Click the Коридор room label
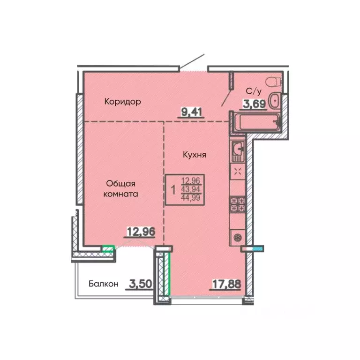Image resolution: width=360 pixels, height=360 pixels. [x=123, y=101]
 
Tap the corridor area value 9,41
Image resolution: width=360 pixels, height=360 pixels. [x=191, y=112]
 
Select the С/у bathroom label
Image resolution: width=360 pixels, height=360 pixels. [x=254, y=91]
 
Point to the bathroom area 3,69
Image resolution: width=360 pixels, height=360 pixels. [x=255, y=104]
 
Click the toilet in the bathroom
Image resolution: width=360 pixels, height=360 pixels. [x=274, y=82]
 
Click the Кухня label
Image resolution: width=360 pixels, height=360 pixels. [x=195, y=155]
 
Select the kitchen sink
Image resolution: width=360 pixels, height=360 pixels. [x=238, y=151]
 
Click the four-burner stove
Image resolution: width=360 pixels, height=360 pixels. [x=238, y=204]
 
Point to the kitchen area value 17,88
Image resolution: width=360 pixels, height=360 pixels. [x=226, y=284]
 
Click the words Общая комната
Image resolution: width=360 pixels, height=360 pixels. [x=120, y=189]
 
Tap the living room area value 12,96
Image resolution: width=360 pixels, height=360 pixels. [x=141, y=232]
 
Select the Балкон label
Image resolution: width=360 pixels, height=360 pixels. [x=104, y=284]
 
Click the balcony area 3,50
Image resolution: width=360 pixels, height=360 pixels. [x=140, y=284]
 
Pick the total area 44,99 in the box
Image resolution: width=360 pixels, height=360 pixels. [x=191, y=197]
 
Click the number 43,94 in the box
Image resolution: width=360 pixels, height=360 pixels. [x=191, y=189]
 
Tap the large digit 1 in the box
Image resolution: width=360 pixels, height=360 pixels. [x=173, y=190]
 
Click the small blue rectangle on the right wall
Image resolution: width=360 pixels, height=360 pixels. [x=258, y=248]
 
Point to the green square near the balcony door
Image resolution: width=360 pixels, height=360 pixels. [x=108, y=249]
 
